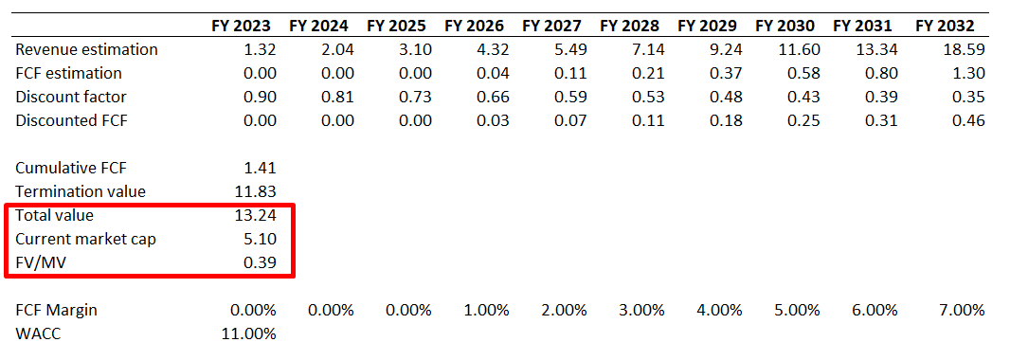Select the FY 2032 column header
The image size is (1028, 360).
click(950, 26)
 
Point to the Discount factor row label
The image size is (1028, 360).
click(71, 97)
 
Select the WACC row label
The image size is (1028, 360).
click(38, 333)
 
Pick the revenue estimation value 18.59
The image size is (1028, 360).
click(965, 49)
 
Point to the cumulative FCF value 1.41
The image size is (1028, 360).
click(260, 168)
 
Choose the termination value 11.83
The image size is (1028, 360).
click(255, 191)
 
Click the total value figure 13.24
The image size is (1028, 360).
click(255, 215)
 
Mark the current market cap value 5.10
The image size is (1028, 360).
click(260, 239)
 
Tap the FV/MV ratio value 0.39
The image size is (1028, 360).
click(260, 262)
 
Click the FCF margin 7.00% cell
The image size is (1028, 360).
click(961, 310)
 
